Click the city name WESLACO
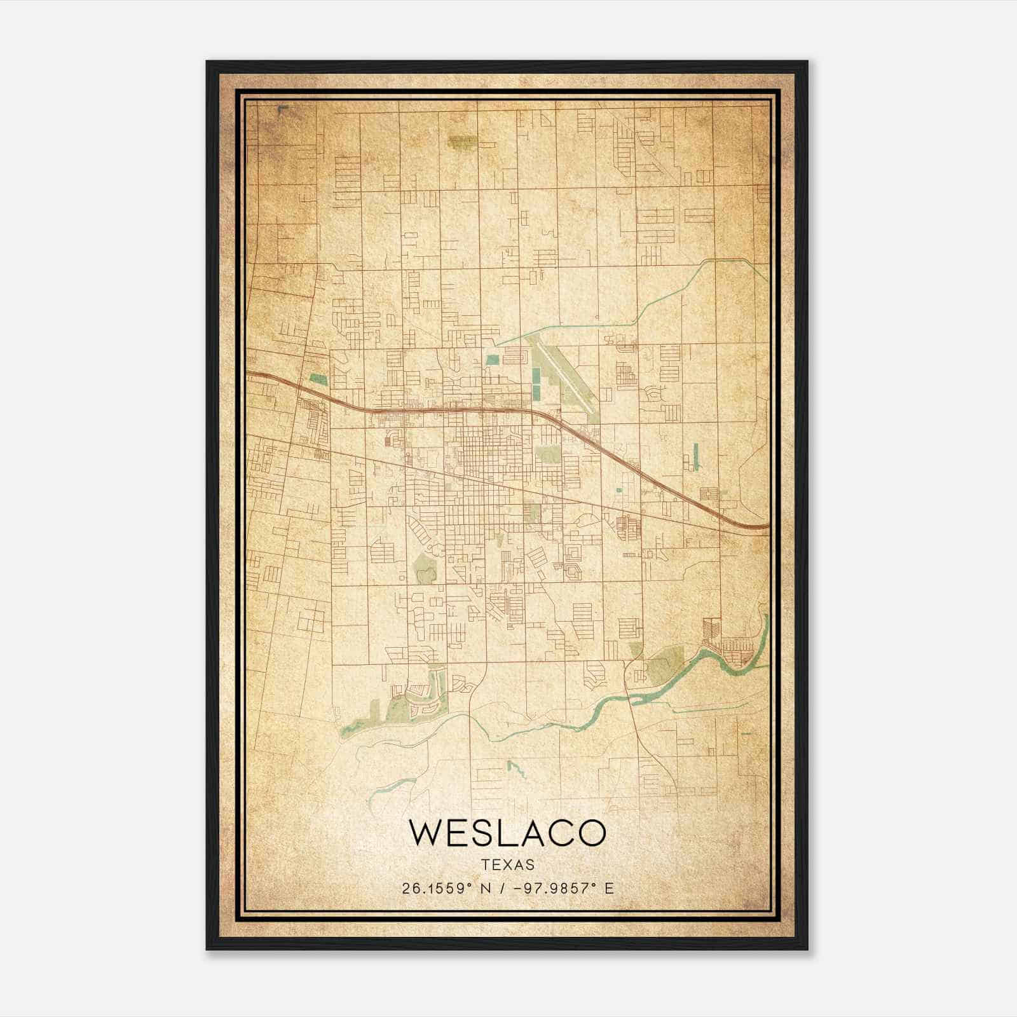click(x=508, y=833)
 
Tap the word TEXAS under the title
click(x=508, y=865)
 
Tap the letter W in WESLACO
click(x=425, y=833)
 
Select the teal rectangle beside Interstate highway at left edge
click(x=318, y=380)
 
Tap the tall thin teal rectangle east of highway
click(x=696, y=456)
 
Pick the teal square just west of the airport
click(x=492, y=359)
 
